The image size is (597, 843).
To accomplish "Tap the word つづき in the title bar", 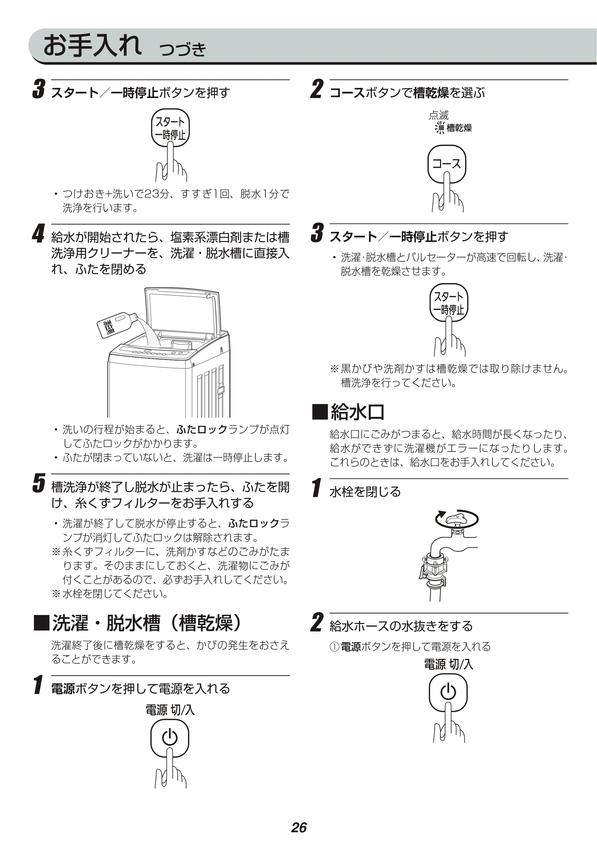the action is coord(183,49).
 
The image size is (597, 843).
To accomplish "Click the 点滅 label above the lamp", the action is coord(439,115).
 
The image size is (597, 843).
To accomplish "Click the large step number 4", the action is coord(38,234).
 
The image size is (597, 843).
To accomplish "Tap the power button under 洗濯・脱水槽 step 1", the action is coord(169,738).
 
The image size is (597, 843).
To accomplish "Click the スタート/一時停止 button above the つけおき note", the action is coord(170,128).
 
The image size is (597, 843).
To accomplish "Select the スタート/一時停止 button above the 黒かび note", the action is coord(448,302).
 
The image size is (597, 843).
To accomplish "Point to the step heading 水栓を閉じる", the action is coord(365,491).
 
